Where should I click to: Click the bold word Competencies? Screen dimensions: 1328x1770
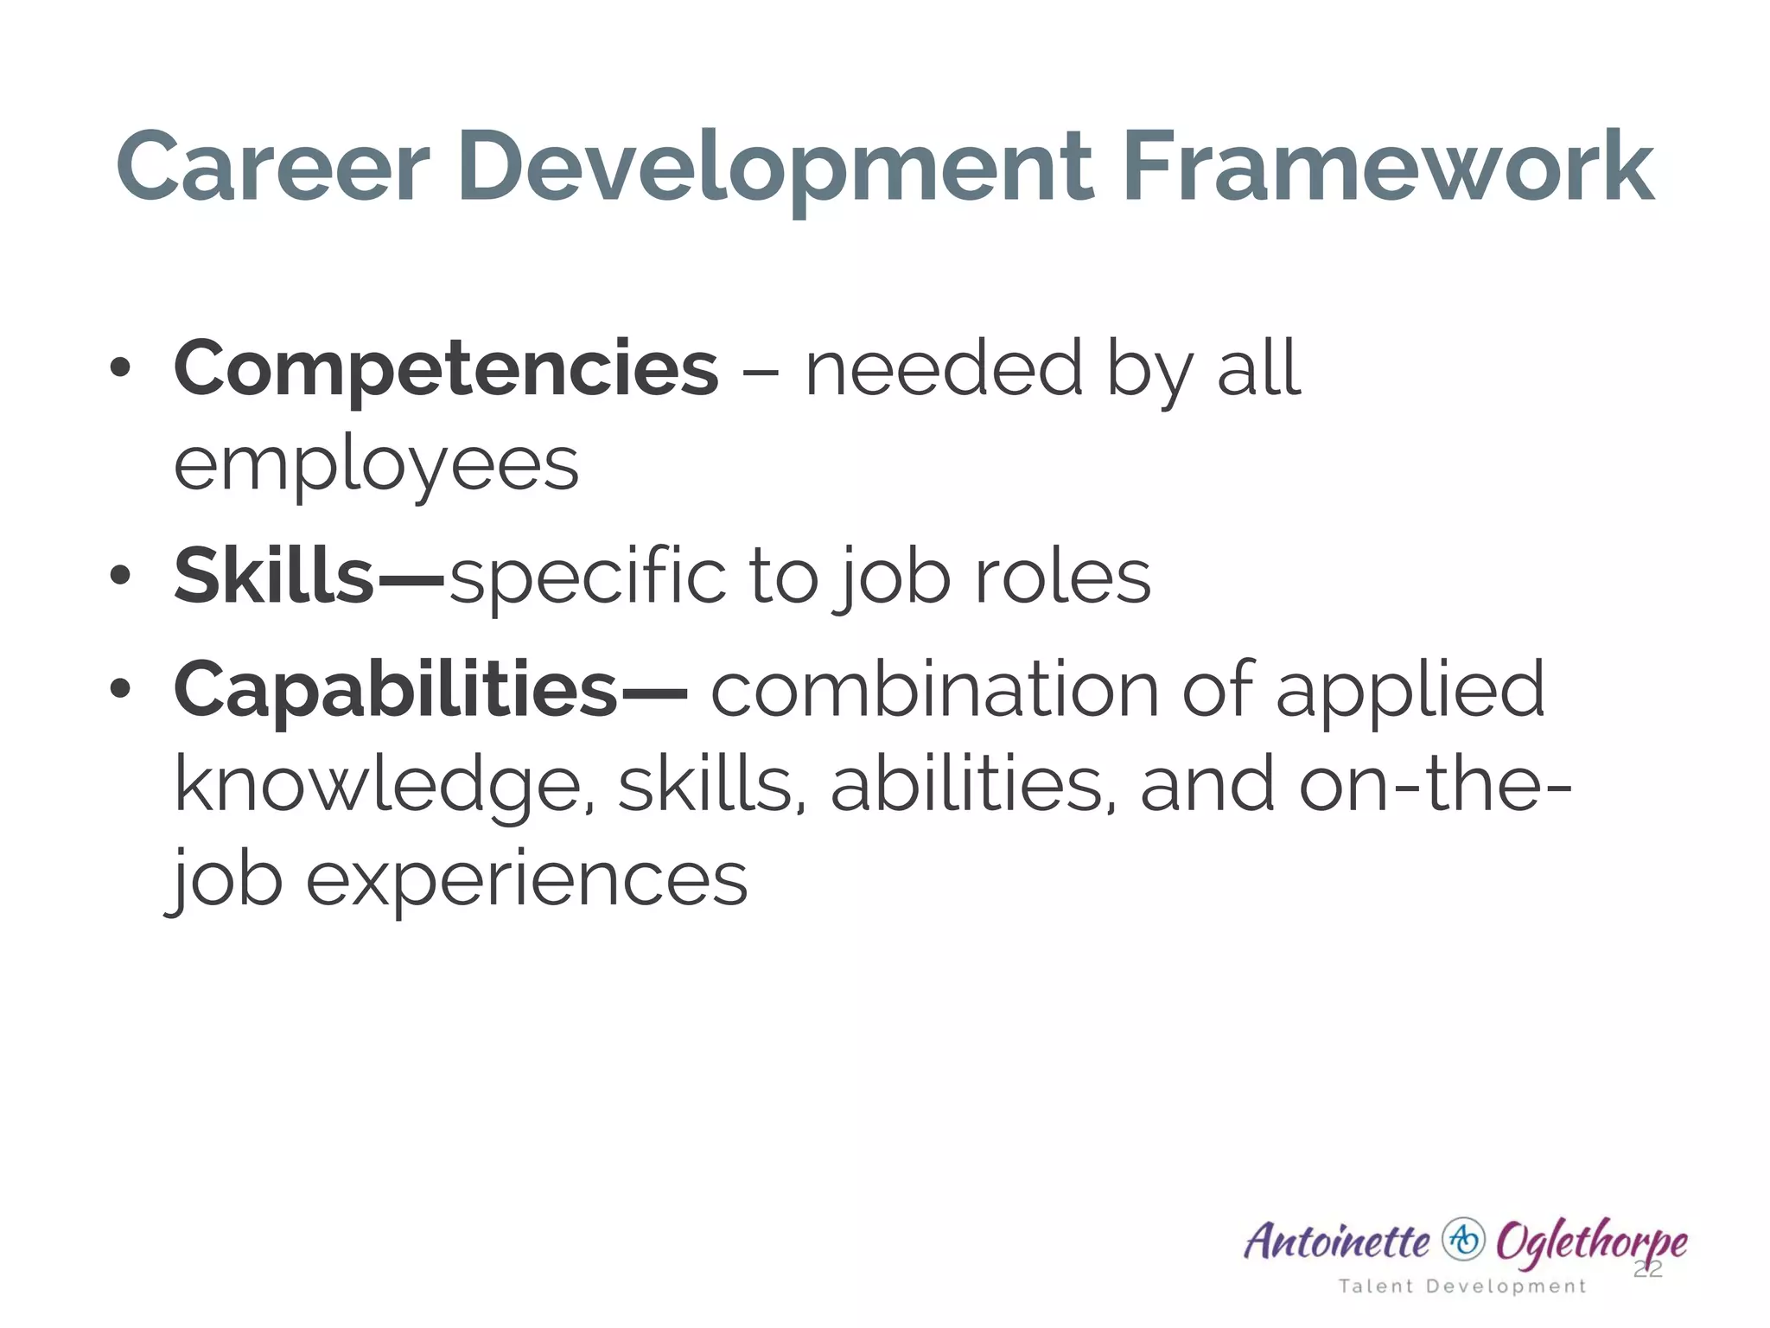pos(446,370)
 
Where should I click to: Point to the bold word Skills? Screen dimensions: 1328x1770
pos(274,576)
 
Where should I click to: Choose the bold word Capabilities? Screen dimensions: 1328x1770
pos(396,690)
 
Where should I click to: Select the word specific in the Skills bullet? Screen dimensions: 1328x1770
pos(589,578)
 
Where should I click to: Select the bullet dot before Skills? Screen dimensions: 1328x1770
pos(120,575)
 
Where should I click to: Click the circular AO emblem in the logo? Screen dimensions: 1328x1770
pos(1463,1240)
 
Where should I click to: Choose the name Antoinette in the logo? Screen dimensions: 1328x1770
pos(1337,1242)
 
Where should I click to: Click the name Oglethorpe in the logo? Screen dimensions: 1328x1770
pos(1591,1242)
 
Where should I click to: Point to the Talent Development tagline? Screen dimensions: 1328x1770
pos(1462,1286)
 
